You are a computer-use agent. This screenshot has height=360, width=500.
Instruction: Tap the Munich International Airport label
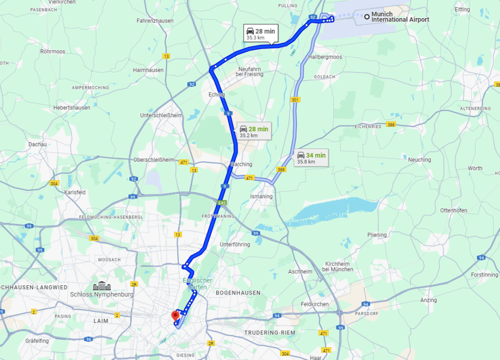point(400,17)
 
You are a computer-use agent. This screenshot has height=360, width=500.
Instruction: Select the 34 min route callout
point(311,158)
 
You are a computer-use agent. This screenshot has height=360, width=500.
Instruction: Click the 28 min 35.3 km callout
point(260,33)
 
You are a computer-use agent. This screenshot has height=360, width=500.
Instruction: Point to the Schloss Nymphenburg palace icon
point(102,285)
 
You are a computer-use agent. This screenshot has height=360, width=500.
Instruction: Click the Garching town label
point(242,165)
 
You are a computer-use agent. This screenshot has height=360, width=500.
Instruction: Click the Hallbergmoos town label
point(325,57)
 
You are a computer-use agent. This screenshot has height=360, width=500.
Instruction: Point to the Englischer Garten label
point(198,284)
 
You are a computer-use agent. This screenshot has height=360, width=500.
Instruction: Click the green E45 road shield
point(222,203)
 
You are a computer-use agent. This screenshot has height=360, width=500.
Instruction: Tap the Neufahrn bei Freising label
point(250,72)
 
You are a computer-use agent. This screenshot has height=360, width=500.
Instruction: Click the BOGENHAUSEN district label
point(238,293)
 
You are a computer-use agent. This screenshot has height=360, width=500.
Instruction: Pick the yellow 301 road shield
point(294,100)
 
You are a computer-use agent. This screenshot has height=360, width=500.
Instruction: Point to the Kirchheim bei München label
point(338,267)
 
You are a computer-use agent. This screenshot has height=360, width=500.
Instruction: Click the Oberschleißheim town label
point(153,160)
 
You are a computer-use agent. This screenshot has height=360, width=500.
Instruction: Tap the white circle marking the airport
point(367,17)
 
